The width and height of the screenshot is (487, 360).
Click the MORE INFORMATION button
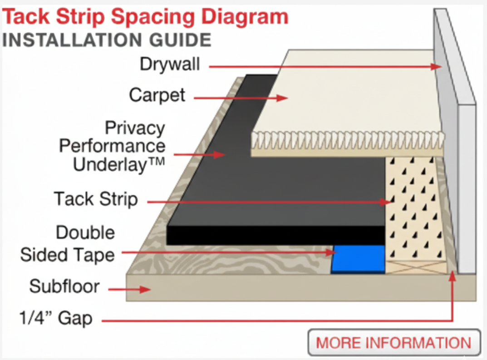(x=394, y=343)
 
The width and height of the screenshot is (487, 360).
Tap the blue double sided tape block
(x=358, y=259)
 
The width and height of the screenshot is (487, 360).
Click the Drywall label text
(x=170, y=64)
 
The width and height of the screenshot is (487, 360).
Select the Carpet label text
(x=157, y=95)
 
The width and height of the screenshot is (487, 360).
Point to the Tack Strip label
(x=96, y=199)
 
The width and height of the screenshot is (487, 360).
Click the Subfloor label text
(x=64, y=286)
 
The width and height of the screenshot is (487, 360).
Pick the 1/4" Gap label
(x=56, y=318)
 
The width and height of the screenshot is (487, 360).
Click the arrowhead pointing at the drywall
(x=436, y=66)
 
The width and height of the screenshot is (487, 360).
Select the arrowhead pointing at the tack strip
(x=385, y=202)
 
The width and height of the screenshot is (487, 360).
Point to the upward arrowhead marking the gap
(x=453, y=276)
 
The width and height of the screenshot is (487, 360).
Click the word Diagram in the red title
(x=245, y=17)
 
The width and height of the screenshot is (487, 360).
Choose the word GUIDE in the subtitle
(x=180, y=40)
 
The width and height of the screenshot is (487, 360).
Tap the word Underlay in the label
(x=110, y=164)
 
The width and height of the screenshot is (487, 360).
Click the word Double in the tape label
(x=85, y=232)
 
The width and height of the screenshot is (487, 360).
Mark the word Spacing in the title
(x=153, y=17)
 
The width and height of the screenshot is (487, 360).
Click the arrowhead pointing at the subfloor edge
(x=145, y=290)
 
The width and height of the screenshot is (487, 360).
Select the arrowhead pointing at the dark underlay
(x=220, y=154)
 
